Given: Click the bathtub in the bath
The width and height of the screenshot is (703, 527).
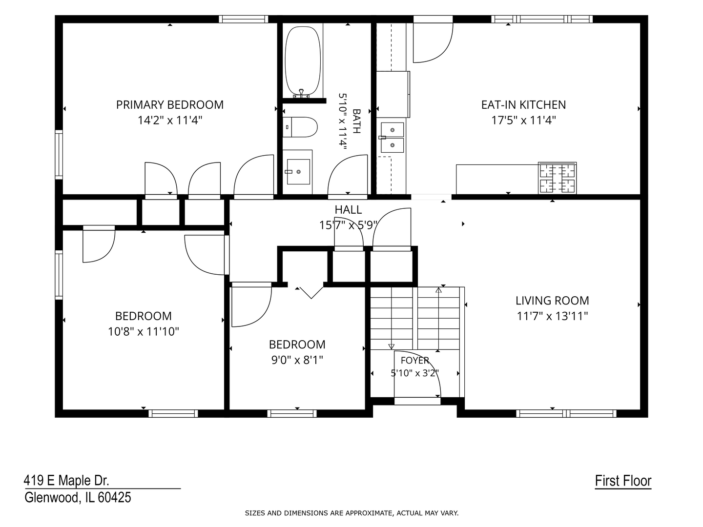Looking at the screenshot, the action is (302, 61).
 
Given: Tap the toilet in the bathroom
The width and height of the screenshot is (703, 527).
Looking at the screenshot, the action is (300, 127).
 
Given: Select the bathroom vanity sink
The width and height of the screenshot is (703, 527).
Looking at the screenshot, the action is (298, 172).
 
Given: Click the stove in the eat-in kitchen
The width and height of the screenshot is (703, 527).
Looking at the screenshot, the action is (557, 178).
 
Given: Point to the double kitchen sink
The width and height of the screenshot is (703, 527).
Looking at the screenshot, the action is (392, 138).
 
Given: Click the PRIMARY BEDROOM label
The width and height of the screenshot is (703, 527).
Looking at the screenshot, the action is (170, 104).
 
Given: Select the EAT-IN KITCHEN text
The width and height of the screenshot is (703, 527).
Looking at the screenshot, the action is (523, 104).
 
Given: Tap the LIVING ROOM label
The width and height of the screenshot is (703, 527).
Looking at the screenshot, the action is (552, 301).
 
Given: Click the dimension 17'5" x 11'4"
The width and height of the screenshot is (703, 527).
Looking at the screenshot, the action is (523, 121).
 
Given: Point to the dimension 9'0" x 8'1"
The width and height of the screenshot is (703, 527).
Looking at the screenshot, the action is (297, 360).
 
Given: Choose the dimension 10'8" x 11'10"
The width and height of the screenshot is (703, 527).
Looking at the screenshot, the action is (143, 331).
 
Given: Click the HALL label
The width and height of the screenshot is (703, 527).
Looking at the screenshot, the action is (348, 210).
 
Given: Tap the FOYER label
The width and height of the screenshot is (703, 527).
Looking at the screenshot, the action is (415, 360).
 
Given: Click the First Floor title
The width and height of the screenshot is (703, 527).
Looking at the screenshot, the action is (623, 481).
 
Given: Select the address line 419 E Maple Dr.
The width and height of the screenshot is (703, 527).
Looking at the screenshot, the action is (66, 481).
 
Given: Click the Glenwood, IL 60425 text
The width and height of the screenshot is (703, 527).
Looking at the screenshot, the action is (78, 497).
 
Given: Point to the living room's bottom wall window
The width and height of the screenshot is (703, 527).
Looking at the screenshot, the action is (566, 413).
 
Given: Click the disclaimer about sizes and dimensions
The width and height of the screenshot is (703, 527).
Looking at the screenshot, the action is (351, 513).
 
